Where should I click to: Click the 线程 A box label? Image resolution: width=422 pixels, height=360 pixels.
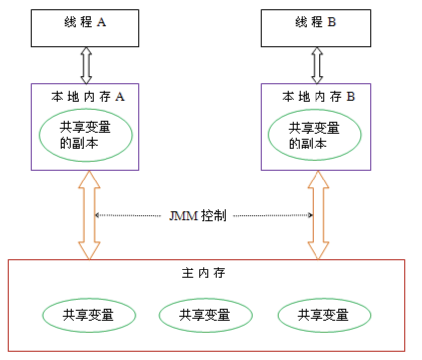[85, 23]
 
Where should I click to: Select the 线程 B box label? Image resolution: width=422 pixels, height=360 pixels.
[315, 23]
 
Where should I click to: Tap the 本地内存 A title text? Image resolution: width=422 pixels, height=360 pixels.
[88, 97]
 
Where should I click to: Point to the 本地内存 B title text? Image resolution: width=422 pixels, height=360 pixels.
[318, 97]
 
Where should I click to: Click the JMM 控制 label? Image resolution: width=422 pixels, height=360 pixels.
[198, 216]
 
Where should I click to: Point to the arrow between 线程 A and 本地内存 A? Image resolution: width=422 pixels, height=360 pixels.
[86, 65]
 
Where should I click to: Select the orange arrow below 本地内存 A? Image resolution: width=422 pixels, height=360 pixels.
[89, 215]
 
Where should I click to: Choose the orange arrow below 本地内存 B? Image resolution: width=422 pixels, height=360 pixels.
[318, 215]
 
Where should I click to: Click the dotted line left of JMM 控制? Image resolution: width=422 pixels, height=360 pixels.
[129, 215]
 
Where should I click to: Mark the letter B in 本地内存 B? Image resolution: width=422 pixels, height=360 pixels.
[351, 97]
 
